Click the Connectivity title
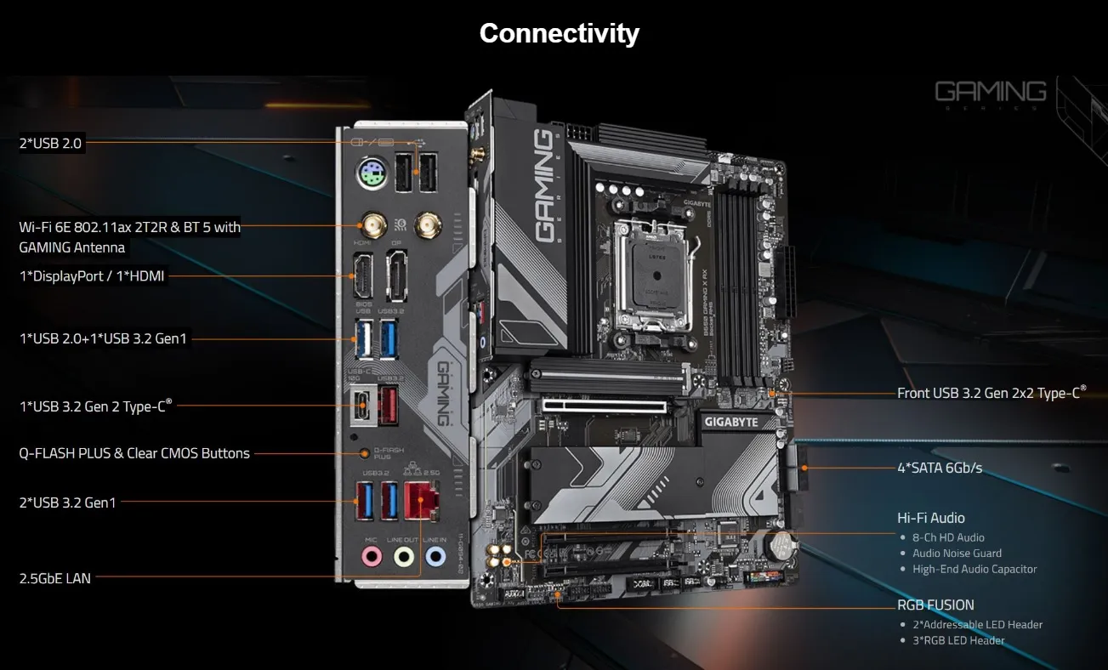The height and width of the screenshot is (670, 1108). click(559, 33)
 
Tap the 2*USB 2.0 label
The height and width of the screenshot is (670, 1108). click(50, 144)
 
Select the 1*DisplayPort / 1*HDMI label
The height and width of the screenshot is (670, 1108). click(92, 276)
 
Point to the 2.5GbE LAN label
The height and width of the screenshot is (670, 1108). click(54, 578)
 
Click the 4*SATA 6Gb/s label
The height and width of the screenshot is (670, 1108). click(940, 468)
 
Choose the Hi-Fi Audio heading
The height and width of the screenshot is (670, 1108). click(930, 518)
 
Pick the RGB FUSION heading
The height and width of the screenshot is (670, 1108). click(935, 605)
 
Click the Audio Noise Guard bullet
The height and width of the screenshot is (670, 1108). click(957, 554)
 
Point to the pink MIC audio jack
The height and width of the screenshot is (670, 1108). click(372, 557)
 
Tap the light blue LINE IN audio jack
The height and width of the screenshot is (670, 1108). click(435, 557)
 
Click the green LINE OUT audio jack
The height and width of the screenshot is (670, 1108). click(403, 557)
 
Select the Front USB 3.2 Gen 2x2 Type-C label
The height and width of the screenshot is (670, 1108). click(992, 393)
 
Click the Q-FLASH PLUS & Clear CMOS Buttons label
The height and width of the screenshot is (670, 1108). click(134, 453)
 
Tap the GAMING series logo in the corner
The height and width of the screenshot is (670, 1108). click(991, 92)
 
